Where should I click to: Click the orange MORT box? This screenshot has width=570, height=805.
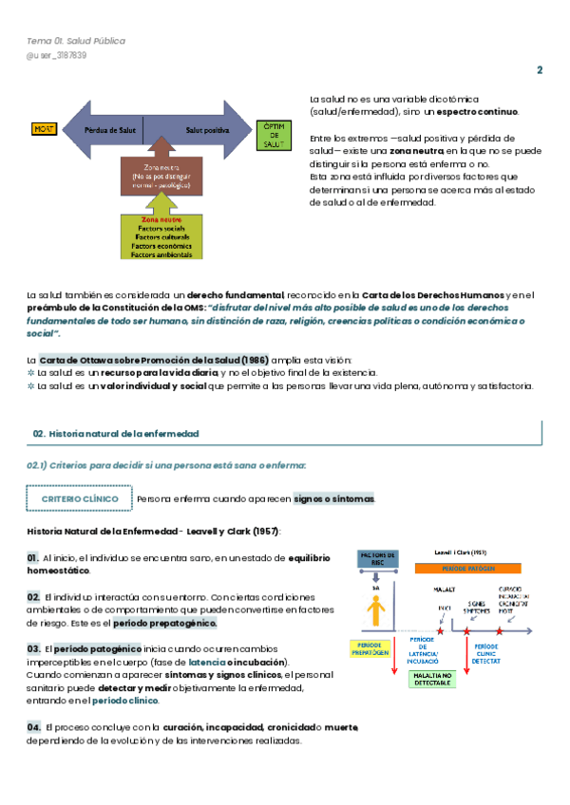(45, 129)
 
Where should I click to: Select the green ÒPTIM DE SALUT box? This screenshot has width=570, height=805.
(273, 134)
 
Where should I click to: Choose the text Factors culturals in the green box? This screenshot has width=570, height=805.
(161, 237)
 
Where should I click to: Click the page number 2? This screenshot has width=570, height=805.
(540, 70)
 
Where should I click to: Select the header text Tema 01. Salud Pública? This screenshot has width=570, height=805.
(76, 41)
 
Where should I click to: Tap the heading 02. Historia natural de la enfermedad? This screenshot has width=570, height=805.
(116, 433)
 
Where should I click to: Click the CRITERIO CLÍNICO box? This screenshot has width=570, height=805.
(79, 498)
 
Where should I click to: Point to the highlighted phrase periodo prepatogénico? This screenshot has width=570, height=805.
(165, 623)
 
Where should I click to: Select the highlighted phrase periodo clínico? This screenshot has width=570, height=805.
(126, 701)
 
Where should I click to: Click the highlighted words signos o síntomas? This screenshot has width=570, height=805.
(333, 498)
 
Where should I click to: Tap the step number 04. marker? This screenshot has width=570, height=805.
(33, 726)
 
